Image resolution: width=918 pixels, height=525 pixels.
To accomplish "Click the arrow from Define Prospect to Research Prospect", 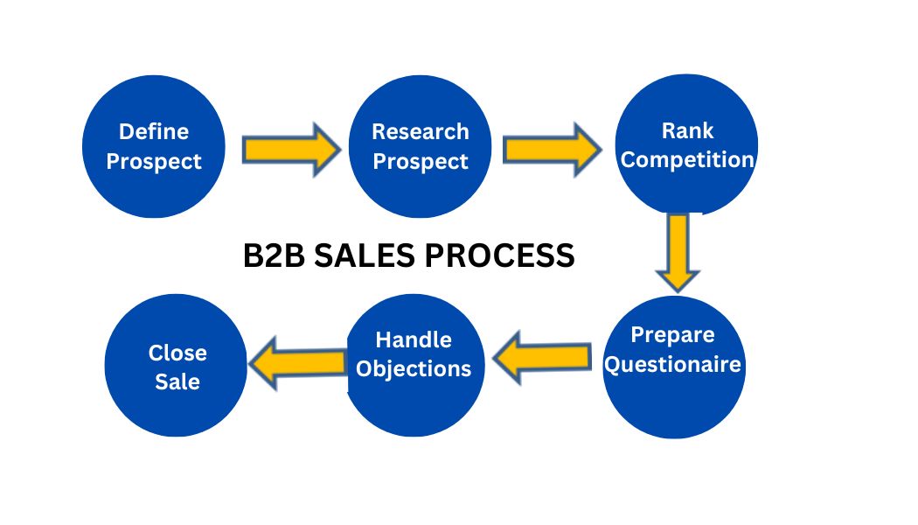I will click(289, 150).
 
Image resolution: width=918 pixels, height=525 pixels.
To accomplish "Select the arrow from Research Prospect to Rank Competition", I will click(552, 148).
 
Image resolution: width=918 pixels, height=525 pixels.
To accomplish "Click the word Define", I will click(154, 132).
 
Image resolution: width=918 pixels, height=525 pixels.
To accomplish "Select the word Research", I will click(421, 132).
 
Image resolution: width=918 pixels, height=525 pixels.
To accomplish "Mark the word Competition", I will click(687, 160).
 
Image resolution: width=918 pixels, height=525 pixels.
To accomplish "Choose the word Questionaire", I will click(673, 364).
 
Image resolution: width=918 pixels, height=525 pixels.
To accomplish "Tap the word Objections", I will click(414, 368).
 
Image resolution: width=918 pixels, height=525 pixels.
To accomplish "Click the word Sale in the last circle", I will click(177, 382).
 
